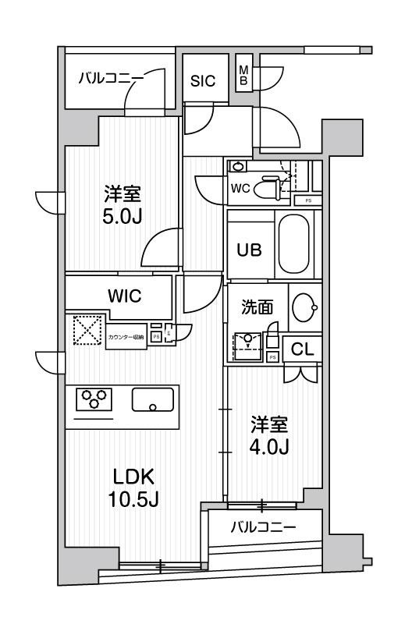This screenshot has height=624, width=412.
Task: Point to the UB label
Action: (x=249, y=250)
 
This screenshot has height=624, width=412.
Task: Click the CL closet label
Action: (x=302, y=350)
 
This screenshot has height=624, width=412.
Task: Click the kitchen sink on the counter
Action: (x=154, y=399)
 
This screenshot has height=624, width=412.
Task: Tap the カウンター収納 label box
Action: (x=126, y=336)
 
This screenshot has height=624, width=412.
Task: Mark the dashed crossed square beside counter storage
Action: (x=87, y=329)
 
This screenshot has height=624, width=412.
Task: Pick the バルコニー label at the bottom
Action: (x=263, y=528)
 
